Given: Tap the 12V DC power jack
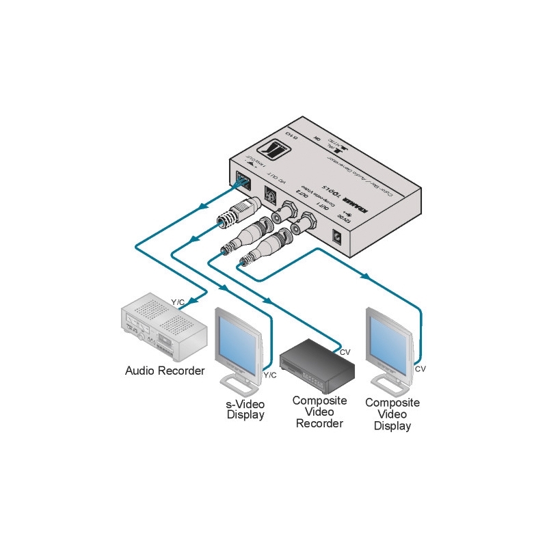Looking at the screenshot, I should pyautogui.click(x=336, y=237).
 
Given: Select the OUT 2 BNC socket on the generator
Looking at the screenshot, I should pyautogui.click(x=282, y=213).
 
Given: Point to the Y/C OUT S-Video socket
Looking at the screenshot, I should pyautogui.click(x=269, y=196).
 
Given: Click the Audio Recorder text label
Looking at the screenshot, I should pyautogui.click(x=165, y=371).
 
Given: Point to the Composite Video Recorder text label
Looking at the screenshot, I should pyautogui.click(x=319, y=412).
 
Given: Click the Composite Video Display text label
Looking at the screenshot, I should pyautogui.click(x=392, y=414).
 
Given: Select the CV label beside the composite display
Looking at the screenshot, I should pyautogui.click(x=421, y=369).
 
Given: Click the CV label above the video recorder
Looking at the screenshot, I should pyautogui.click(x=345, y=352).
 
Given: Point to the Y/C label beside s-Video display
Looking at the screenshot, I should pyautogui.click(x=270, y=375).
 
